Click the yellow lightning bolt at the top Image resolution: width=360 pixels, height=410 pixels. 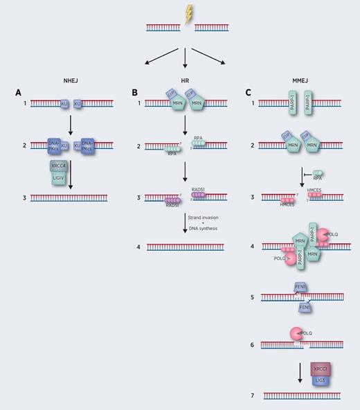tap(187, 14)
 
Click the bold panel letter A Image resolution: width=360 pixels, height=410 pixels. tap(19, 91)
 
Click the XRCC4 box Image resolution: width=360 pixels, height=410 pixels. tap(59, 166)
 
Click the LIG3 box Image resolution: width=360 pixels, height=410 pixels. tap(320, 382)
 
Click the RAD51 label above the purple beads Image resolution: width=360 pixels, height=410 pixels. tap(201, 190)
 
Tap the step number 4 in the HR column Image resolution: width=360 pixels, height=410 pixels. tap(138, 247)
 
